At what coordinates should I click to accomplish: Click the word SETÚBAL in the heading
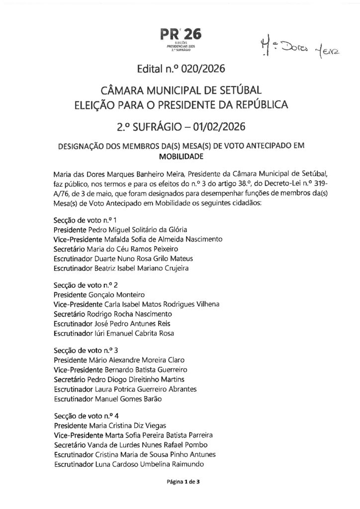[x=238, y=91]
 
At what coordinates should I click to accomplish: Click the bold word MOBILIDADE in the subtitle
[x=180, y=156]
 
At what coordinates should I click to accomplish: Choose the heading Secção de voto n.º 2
[x=85, y=285]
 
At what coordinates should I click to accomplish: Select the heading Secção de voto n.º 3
[x=85, y=350]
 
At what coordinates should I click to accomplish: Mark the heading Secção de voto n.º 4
[x=85, y=416]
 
